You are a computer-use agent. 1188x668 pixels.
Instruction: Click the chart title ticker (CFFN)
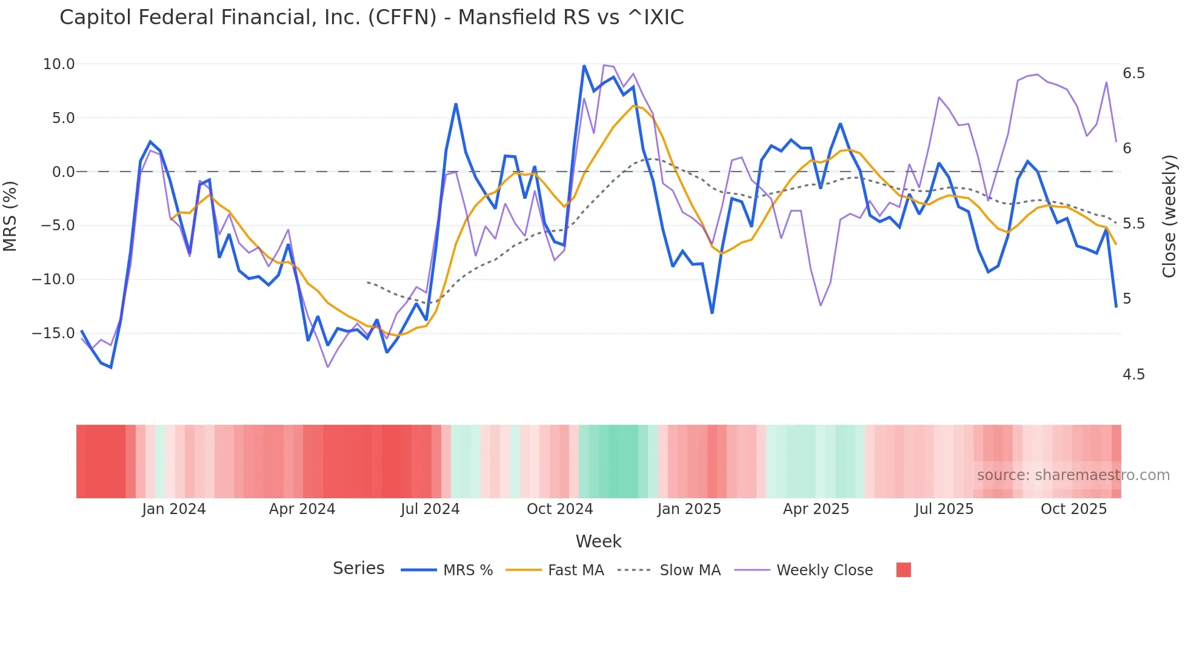point(402,18)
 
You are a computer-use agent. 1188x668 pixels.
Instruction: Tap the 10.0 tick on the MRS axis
point(59,64)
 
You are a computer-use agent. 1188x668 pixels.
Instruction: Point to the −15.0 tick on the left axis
point(54,333)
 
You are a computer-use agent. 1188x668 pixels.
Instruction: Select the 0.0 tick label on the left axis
point(63,172)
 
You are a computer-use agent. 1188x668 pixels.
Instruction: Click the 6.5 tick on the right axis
point(1133,73)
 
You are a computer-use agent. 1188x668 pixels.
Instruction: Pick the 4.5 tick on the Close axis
point(1133,375)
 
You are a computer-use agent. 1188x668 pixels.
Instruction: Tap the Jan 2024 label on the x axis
point(174,509)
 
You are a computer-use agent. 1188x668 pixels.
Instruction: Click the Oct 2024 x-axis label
point(559,509)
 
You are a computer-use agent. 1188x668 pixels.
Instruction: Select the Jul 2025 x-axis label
point(944,509)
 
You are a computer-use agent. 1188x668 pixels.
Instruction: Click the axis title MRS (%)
point(10,216)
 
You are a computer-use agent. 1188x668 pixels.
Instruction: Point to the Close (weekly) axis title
point(1169,216)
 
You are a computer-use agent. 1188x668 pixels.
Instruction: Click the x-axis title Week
point(598,541)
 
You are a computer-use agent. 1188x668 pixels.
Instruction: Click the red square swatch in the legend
point(903,570)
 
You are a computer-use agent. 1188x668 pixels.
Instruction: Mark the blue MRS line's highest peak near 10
point(584,66)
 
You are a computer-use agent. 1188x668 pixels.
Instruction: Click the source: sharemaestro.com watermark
point(1073,475)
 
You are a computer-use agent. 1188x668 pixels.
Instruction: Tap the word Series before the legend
point(358,569)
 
